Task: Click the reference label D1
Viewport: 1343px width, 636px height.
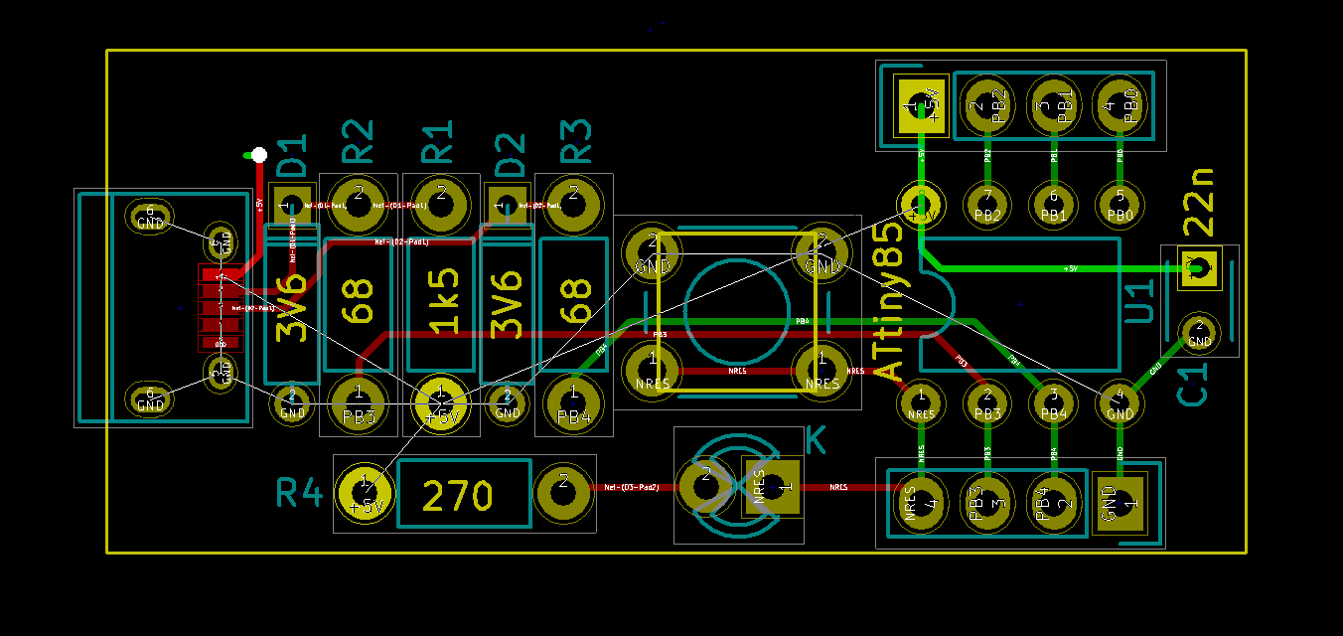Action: [x=292, y=157]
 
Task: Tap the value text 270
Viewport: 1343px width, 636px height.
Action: [x=457, y=495]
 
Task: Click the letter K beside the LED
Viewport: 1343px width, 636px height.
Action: [x=816, y=440]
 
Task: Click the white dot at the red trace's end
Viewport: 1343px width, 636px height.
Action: [x=258, y=154]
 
